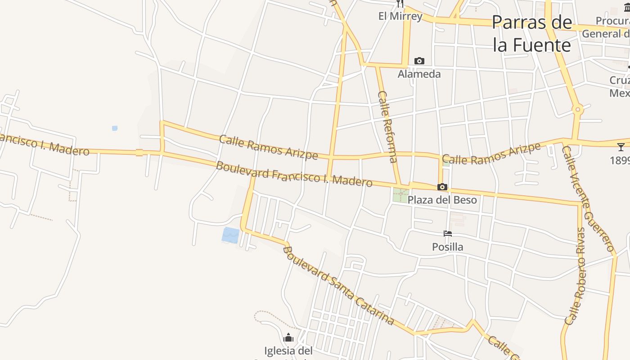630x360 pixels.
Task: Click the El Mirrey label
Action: coord(400,17)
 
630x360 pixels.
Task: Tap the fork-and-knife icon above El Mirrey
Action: coord(400,4)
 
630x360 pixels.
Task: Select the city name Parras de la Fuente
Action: coord(532,34)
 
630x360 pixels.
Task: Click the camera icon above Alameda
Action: coord(419,61)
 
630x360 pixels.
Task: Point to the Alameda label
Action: coord(419,74)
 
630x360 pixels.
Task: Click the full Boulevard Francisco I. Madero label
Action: coord(294,174)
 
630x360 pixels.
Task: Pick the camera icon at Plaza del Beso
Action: coord(442,187)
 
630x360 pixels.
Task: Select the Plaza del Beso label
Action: coord(442,200)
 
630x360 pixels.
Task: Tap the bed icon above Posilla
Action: coord(447,234)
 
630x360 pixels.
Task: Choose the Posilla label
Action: coord(447,247)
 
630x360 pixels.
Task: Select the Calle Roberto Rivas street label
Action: coord(576,276)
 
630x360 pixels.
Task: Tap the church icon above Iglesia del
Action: coord(288,337)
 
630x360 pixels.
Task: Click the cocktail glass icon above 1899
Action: coord(621,147)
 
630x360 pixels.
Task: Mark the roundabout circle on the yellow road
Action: coord(578,109)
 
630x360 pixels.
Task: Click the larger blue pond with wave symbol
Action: coord(230,235)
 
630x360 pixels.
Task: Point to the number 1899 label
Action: coord(620,160)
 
